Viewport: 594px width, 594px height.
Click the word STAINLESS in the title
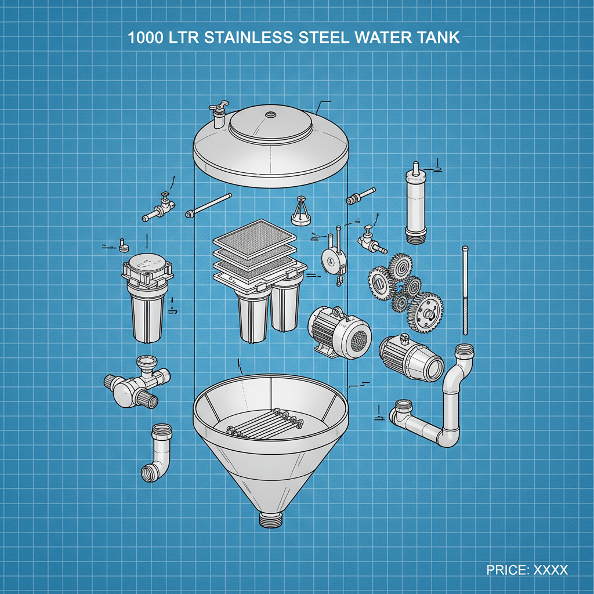[252, 38]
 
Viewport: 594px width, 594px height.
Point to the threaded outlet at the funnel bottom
[270, 519]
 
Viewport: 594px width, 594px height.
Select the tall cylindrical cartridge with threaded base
[416, 206]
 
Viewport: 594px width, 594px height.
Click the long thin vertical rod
[465, 290]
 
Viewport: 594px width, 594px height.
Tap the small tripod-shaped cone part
[302, 211]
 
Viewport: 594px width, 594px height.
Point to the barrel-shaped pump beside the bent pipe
[410, 357]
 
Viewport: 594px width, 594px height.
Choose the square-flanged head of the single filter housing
[147, 270]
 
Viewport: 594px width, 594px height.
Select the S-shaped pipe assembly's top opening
[464, 352]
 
